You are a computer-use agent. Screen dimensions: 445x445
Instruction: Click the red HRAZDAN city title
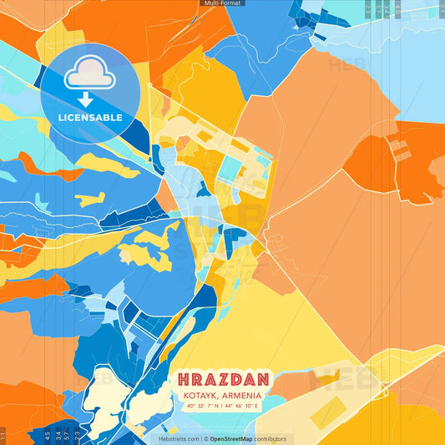[222, 377]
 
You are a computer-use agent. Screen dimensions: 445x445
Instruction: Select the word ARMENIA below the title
[240, 395]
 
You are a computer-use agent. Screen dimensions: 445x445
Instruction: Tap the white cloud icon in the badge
[89, 76]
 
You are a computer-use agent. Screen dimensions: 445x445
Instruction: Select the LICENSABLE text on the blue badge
[90, 118]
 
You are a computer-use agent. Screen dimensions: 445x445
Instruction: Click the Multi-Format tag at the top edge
[222, 3]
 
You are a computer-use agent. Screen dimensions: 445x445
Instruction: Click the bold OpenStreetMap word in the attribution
[231, 438]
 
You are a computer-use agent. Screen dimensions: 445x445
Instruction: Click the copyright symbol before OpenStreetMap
[205, 438]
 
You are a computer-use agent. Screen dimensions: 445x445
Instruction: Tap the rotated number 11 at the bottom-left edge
[3, 435]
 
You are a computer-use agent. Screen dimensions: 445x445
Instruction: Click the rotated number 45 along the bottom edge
[47, 435]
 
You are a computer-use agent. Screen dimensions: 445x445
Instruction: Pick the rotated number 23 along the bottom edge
[78, 435]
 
